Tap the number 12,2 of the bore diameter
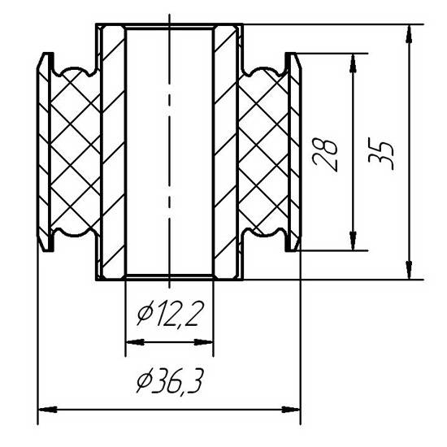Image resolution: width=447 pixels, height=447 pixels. coord(178,314)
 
